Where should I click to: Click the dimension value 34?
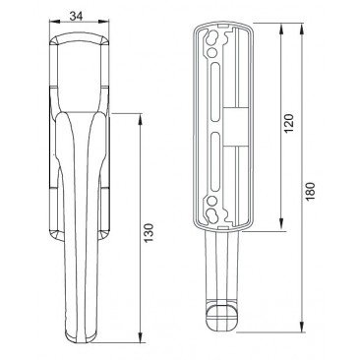tap(76, 16)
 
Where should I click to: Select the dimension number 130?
tap(149, 232)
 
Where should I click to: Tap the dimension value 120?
tap(288, 123)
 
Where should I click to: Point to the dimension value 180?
tap(310, 191)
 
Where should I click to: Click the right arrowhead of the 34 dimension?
tap(103, 22)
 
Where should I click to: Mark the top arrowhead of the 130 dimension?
tap(141, 119)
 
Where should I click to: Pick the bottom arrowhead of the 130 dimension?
tap(141, 337)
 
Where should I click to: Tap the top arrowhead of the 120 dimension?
tap(281, 29)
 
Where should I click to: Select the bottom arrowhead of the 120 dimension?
tap(281, 225)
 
